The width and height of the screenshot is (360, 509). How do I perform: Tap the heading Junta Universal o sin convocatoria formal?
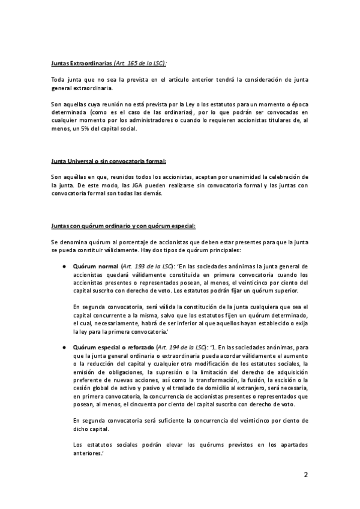[108, 161]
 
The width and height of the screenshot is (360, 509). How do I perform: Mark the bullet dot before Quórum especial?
[63, 348]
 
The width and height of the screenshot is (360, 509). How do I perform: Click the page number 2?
[305, 474]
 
